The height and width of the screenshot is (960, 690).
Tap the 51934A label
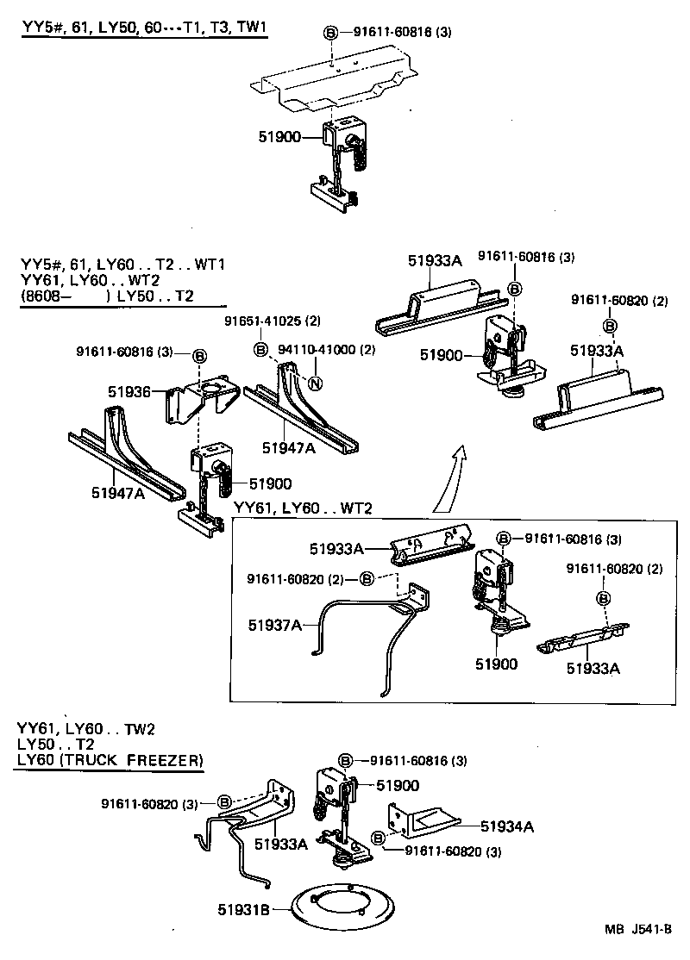507,826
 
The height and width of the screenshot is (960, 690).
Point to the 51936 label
129,391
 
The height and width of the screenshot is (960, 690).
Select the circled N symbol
316,383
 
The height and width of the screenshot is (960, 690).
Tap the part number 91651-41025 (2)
273,321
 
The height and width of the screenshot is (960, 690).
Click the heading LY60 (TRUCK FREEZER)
110,759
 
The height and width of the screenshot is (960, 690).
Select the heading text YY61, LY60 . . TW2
85,728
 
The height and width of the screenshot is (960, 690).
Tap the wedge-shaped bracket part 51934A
423,819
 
